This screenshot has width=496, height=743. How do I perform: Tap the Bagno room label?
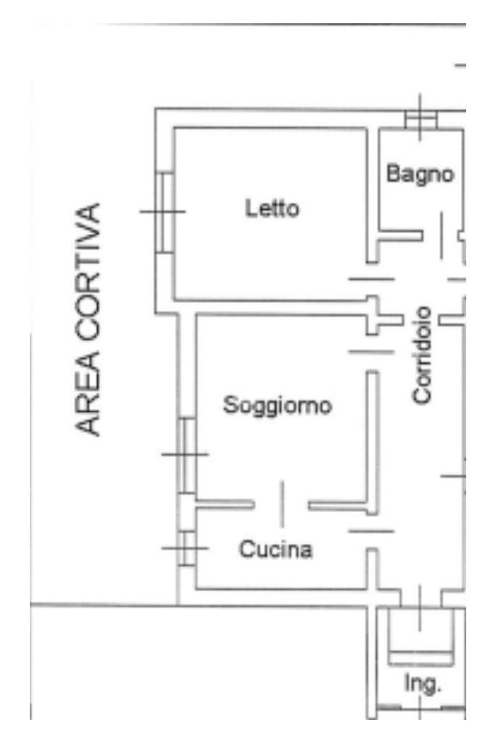(420, 174)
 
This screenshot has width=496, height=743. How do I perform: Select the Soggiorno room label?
(277, 405)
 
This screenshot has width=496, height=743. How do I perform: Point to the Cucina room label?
(277, 550)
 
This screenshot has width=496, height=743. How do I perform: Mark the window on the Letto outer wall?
(165, 211)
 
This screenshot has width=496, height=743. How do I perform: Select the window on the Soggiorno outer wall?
(187, 455)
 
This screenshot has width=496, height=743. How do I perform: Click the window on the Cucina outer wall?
(187, 548)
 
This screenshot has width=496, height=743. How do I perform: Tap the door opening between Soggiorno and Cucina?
(282, 503)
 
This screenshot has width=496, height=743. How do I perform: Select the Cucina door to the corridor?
(371, 531)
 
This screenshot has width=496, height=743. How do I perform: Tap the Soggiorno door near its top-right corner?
(371, 352)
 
